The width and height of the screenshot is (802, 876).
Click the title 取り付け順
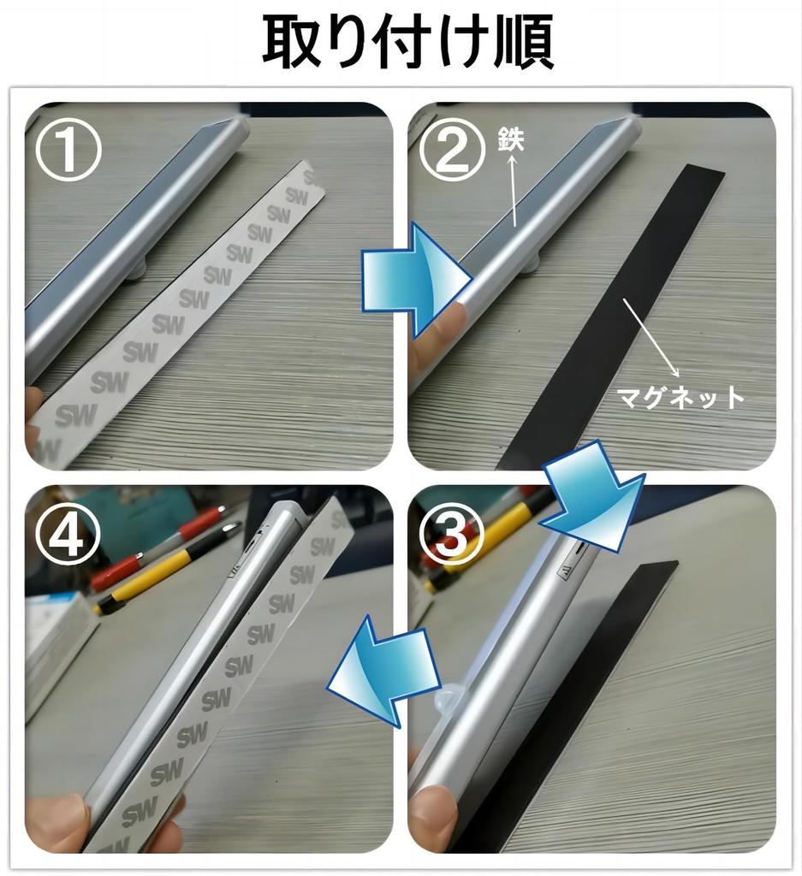pyautogui.click(x=408, y=41)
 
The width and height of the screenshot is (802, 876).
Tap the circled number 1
pyautogui.click(x=68, y=150)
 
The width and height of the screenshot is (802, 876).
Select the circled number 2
pyautogui.click(x=450, y=150)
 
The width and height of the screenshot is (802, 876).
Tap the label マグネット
pyautogui.click(x=680, y=398)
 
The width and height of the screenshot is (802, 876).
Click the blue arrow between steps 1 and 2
pyautogui.click(x=416, y=281)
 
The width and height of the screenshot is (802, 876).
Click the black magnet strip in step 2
pyautogui.click(x=609, y=316)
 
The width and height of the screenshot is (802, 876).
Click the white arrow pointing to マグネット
pyautogui.click(x=651, y=337)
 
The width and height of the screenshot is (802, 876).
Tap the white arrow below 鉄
pyautogui.click(x=514, y=190)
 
